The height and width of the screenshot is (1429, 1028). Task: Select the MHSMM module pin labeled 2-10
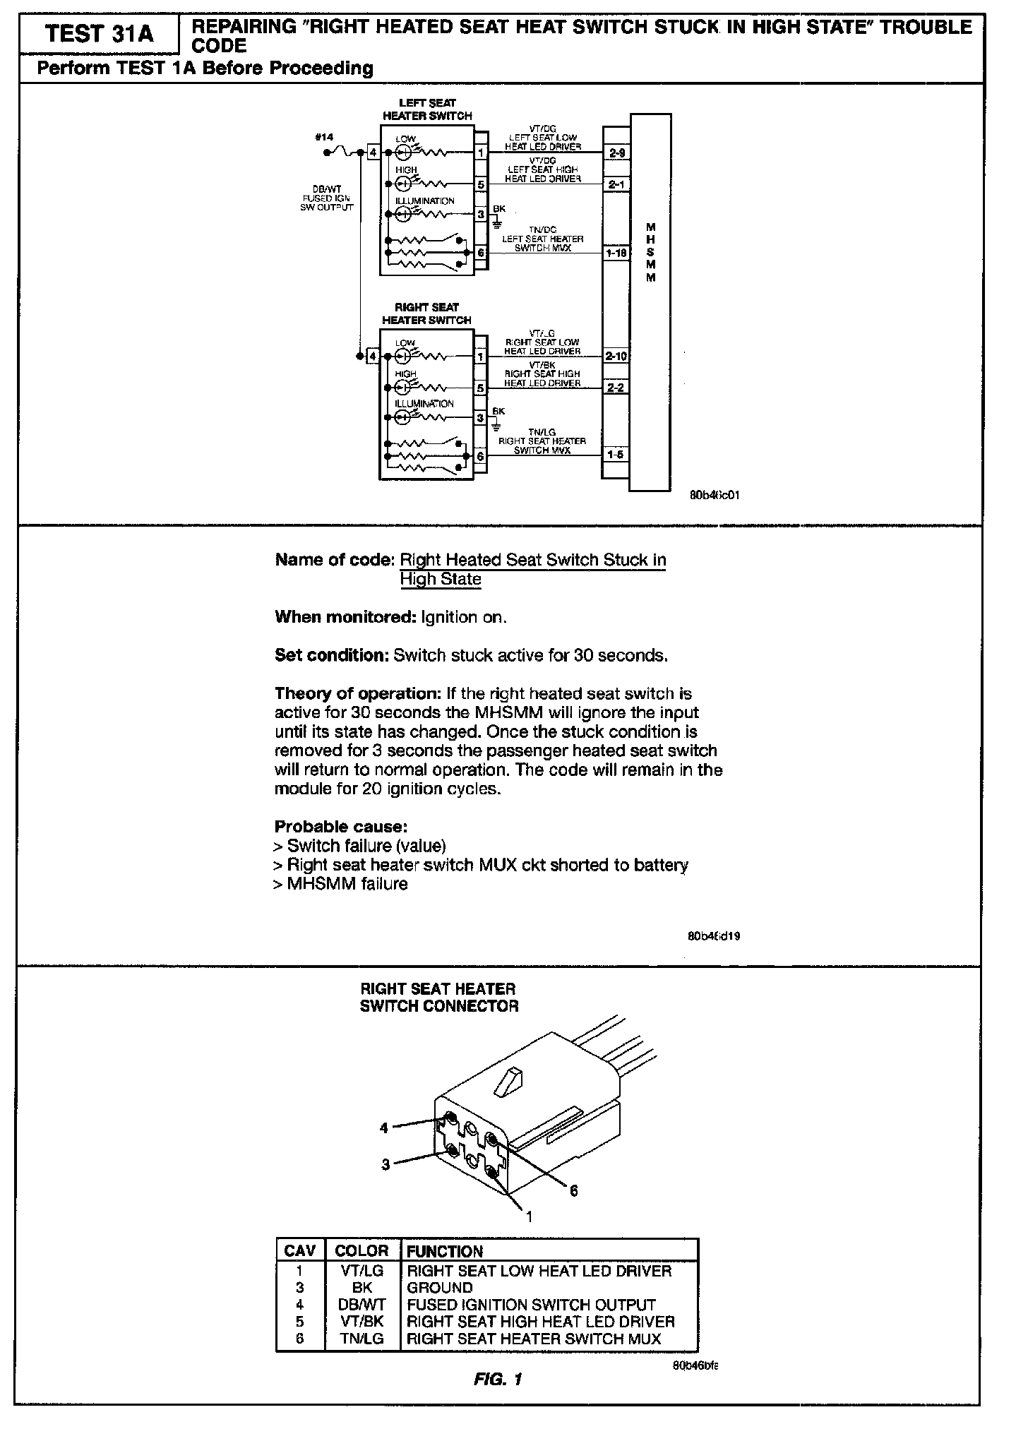tap(616, 357)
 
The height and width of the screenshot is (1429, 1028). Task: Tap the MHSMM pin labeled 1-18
tap(616, 252)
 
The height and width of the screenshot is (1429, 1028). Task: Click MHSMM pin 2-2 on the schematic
tap(616, 388)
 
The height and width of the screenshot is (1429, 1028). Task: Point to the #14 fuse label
tap(324, 137)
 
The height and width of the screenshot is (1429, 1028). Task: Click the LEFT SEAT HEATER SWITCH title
tap(427, 109)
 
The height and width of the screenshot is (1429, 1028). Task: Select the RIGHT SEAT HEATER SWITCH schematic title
tap(426, 313)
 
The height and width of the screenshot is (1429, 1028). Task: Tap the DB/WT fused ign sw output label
tap(327, 198)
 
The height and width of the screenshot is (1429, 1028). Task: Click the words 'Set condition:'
tap(331, 655)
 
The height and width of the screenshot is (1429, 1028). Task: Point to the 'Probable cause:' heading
tap(341, 826)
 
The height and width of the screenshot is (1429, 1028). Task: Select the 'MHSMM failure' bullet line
tap(340, 884)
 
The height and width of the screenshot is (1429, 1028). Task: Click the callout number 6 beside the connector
tap(574, 1190)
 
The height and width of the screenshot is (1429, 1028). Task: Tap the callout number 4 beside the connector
tap(384, 1128)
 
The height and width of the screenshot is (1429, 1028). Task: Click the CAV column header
tap(299, 1251)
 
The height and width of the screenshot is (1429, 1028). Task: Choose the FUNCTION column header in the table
tap(445, 1252)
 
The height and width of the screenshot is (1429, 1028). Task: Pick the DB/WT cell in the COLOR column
tap(361, 1305)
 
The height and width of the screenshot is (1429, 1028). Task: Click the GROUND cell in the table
tap(440, 1288)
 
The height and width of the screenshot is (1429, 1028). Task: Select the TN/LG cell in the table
tap(361, 1339)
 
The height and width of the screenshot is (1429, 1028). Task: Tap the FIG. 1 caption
tap(498, 1379)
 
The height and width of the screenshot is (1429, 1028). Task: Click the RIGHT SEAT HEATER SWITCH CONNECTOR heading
tap(438, 998)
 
